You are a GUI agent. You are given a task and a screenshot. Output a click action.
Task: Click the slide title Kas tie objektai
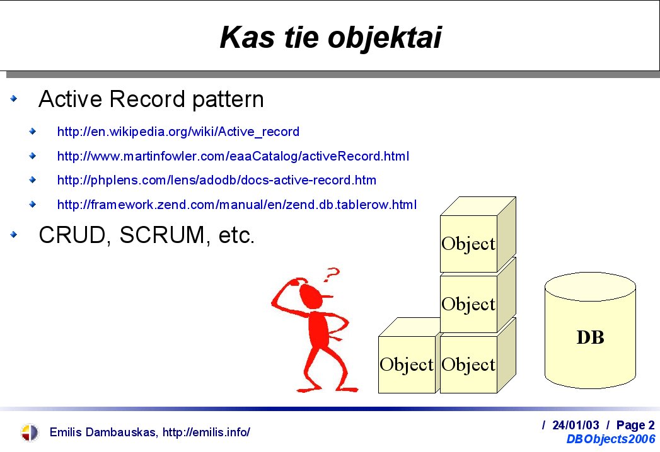(330, 38)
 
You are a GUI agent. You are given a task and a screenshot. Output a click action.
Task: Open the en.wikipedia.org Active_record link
(178, 132)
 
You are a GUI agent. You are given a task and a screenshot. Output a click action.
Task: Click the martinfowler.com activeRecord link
(233, 156)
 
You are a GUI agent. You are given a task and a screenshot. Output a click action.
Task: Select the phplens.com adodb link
(216, 181)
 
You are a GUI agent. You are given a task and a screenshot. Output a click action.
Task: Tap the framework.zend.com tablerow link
(236, 205)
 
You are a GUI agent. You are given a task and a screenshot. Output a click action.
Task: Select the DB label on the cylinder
(590, 337)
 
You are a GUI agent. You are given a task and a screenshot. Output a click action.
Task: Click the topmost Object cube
(478, 235)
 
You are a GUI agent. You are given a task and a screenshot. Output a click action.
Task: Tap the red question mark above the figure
(332, 274)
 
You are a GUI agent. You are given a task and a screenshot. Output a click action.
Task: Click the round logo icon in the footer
(29, 432)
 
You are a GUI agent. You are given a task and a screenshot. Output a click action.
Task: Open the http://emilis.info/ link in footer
(206, 432)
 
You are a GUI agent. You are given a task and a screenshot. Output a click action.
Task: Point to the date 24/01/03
(576, 425)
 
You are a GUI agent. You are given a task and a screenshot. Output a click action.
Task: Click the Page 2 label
(635, 425)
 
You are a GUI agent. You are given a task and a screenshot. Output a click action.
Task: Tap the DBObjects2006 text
(611, 439)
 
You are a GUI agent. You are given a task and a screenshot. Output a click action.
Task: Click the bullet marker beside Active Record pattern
(14, 99)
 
